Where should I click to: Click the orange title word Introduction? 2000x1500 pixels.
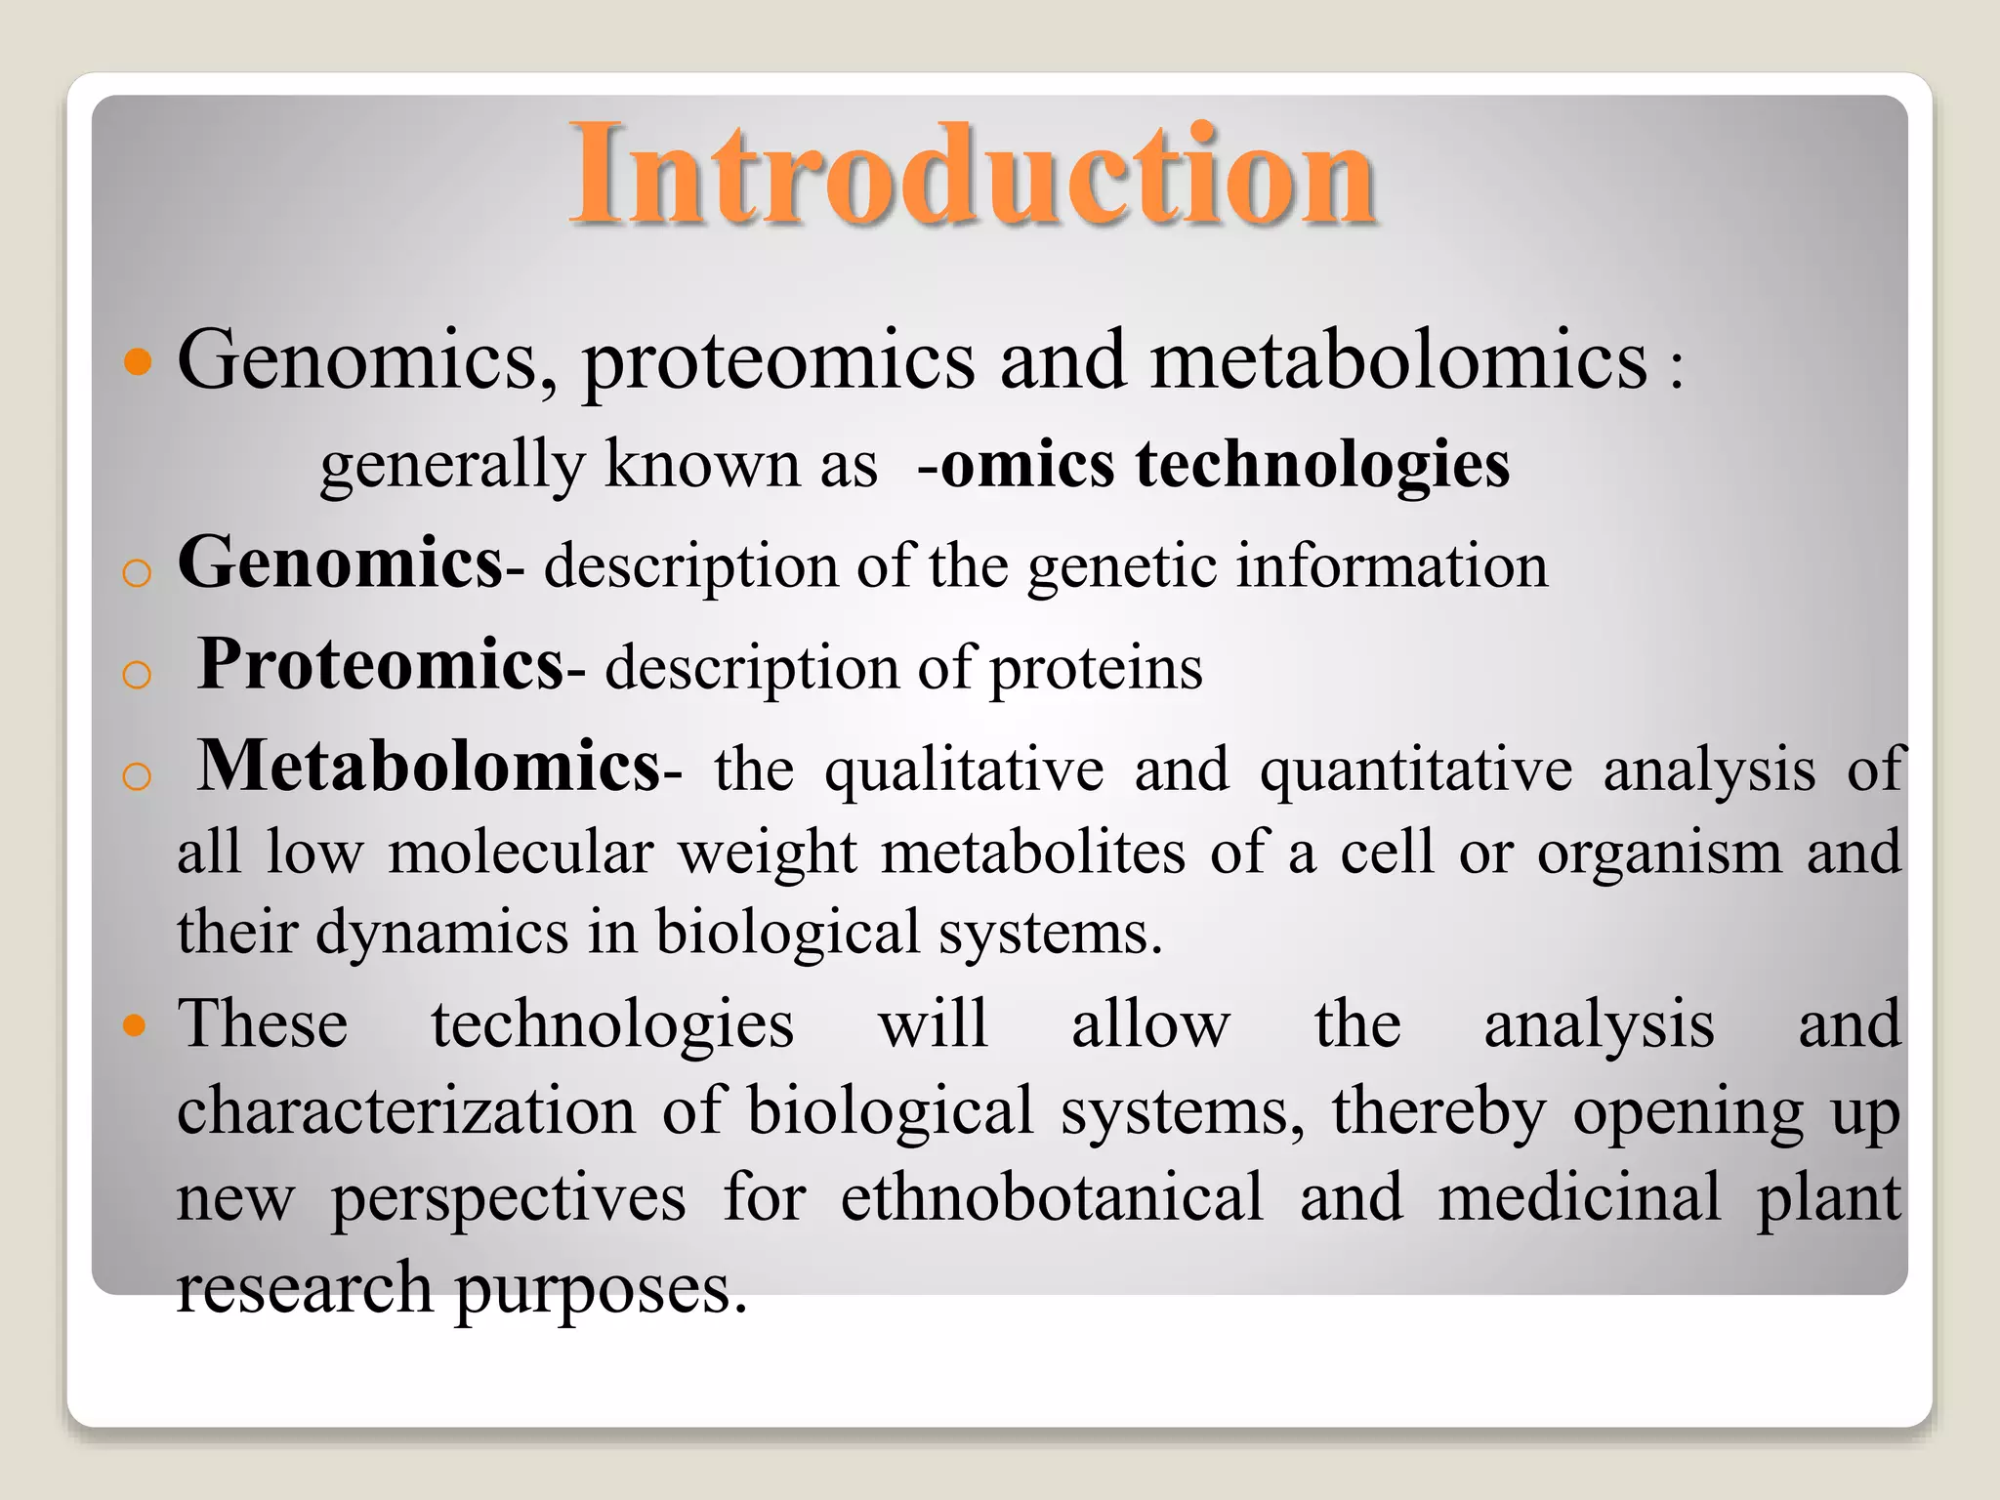click(x=973, y=176)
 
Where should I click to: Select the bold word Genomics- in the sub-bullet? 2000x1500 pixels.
click(x=342, y=563)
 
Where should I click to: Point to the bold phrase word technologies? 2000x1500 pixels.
click(x=1322, y=465)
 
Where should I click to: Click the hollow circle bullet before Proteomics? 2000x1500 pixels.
click(x=138, y=674)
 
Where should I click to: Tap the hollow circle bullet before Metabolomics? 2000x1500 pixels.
click(x=138, y=776)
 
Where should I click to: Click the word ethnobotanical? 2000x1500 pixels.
click(x=1052, y=1198)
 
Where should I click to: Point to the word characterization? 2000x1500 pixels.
click(x=406, y=1111)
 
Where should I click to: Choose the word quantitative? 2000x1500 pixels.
click(x=1416, y=771)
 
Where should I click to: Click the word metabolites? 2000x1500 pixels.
click(x=1033, y=853)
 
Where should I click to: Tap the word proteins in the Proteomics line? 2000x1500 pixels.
click(x=1096, y=670)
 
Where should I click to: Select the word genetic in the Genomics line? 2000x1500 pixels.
click(x=1122, y=567)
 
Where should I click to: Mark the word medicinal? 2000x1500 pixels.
click(x=1579, y=1198)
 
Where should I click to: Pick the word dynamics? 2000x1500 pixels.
click(x=442, y=933)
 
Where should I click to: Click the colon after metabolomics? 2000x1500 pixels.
click(x=1676, y=372)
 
